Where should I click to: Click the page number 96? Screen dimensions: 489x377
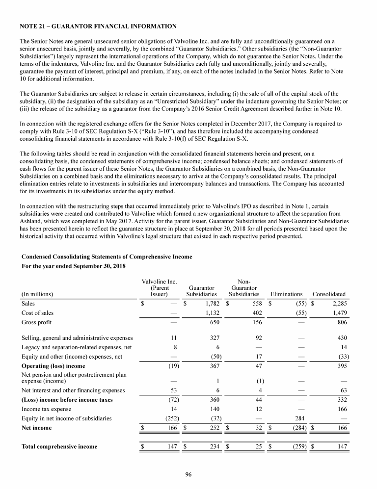[188, 474]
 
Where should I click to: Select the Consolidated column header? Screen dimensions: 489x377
[329, 294]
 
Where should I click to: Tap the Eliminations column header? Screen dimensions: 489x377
[287, 294]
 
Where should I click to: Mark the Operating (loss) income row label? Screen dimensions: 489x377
[54, 366]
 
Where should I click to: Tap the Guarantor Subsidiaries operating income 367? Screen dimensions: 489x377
[212, 366]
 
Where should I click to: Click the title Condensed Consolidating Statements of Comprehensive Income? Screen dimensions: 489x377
[107, 257]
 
